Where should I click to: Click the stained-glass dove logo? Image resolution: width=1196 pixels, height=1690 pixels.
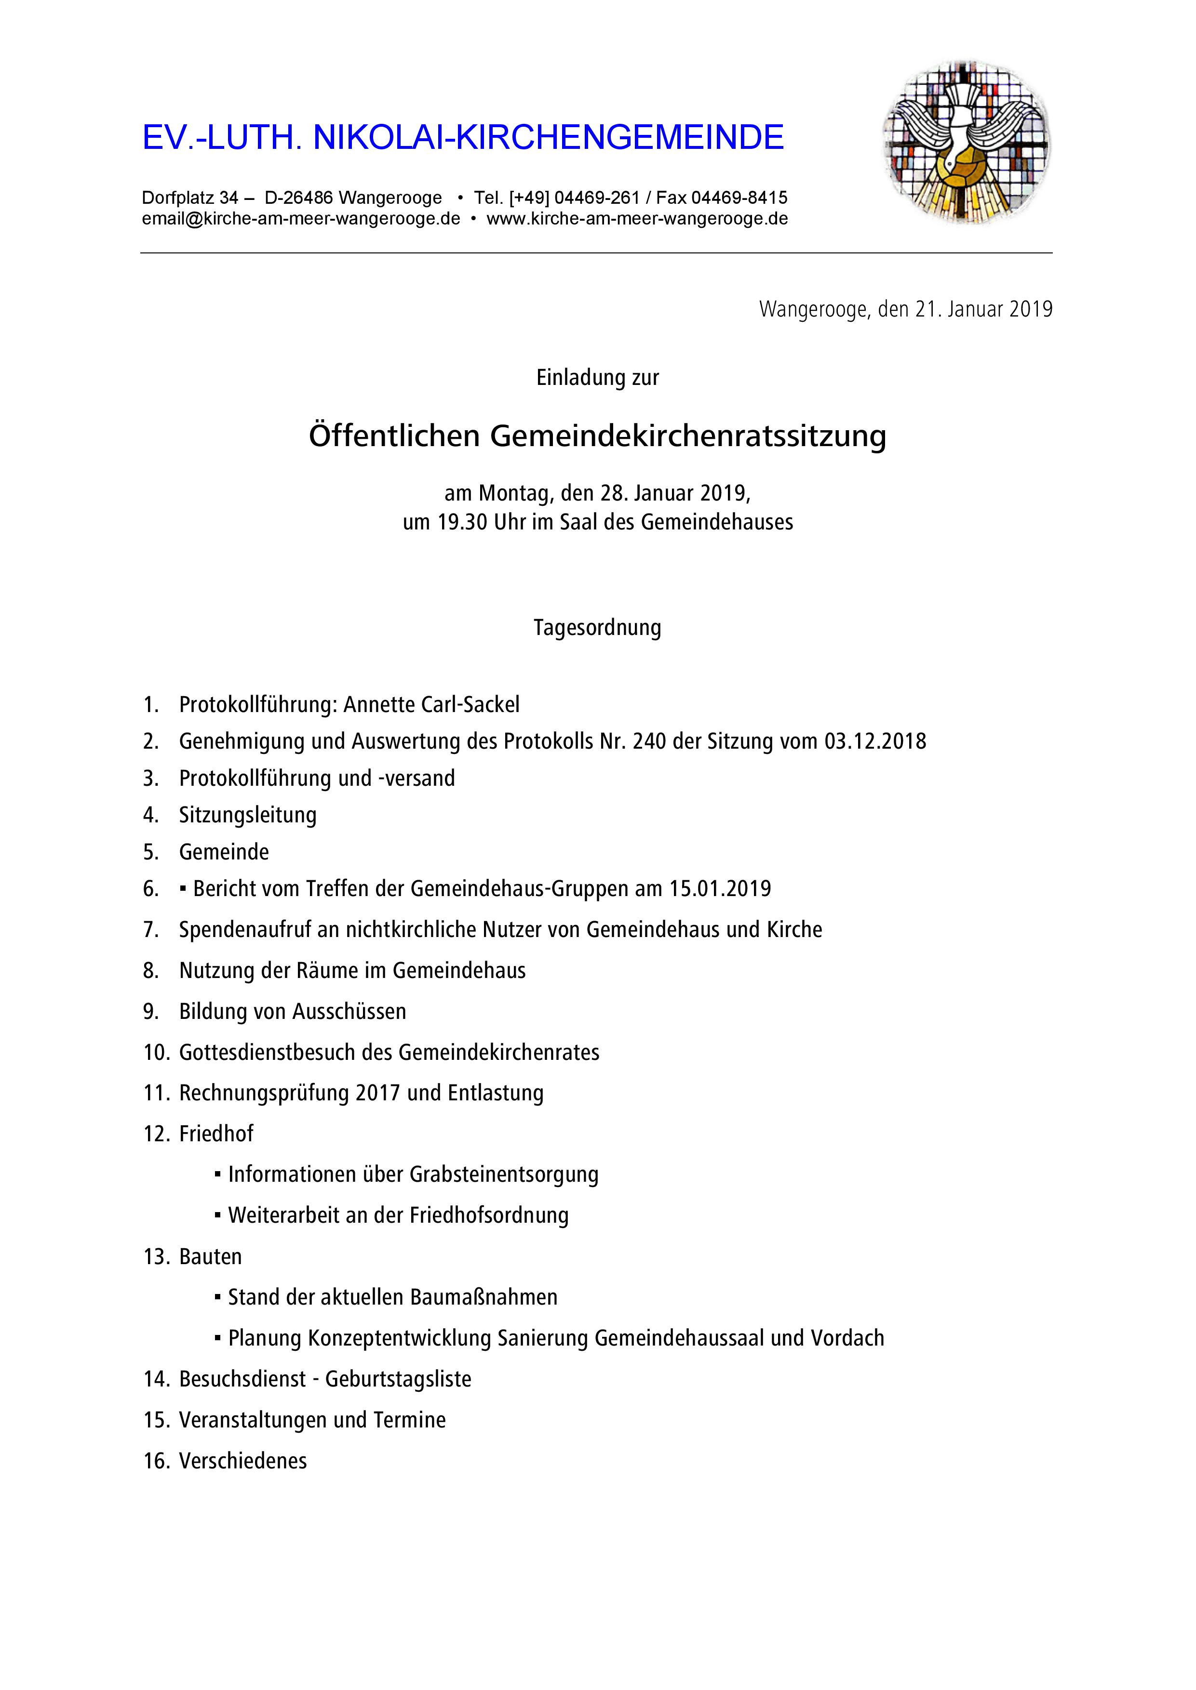click(967, 142)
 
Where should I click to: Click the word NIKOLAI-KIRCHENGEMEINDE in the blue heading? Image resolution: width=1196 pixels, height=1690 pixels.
click(549, 138)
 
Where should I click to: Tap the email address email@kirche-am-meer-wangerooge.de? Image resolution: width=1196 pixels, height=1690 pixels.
click(301, 219)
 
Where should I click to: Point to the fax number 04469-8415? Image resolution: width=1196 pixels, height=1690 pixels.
click(739, 198)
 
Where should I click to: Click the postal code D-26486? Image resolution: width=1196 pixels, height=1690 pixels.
click(298, 198)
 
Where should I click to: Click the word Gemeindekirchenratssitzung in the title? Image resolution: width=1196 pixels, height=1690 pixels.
click(688, 436)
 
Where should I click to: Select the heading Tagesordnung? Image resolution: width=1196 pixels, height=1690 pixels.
click(597, 628)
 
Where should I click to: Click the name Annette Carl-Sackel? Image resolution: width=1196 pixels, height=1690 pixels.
click(431, 704)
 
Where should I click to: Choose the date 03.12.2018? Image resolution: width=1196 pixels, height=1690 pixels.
click(875, 741)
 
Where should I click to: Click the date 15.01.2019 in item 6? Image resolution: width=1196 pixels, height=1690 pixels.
click(720, 888)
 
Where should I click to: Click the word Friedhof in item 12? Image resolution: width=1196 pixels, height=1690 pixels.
click(216, 1134)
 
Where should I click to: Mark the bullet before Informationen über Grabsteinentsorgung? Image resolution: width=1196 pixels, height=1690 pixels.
click(218, 1174)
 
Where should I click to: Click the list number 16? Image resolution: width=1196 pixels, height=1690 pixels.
click(157, 1461)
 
